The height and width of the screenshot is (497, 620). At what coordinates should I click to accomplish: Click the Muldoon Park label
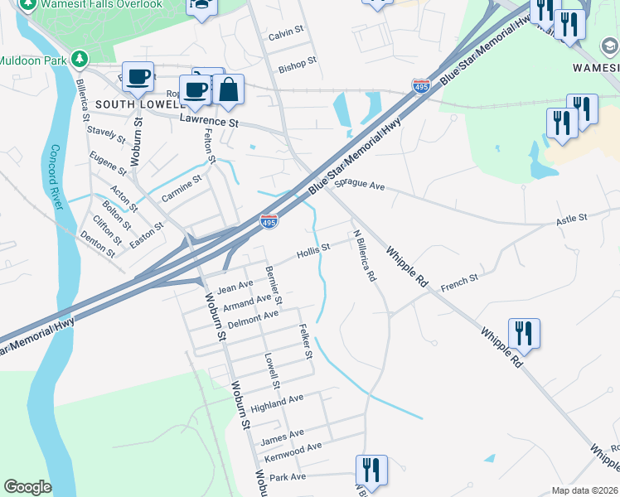(x=33, y=60)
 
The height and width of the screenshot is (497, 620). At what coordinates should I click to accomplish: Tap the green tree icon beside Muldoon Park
(x=79, y=59)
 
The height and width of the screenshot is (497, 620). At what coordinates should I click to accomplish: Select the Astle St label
(x=571, y=219)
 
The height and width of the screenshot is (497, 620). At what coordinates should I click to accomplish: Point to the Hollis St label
(x=314, y=248)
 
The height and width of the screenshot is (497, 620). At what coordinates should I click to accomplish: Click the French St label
(x=460, y=281)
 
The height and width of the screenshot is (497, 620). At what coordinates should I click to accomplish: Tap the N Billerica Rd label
(x=363, y=257)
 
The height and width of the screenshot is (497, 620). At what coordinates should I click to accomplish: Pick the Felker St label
(x=306, y=340)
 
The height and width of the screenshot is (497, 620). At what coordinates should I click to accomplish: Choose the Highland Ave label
(x=278, y=403)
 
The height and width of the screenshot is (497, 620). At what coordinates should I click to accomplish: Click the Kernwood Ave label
(x=291, y=447)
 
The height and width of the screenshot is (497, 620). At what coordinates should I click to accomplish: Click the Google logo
(x=27, y=487)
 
